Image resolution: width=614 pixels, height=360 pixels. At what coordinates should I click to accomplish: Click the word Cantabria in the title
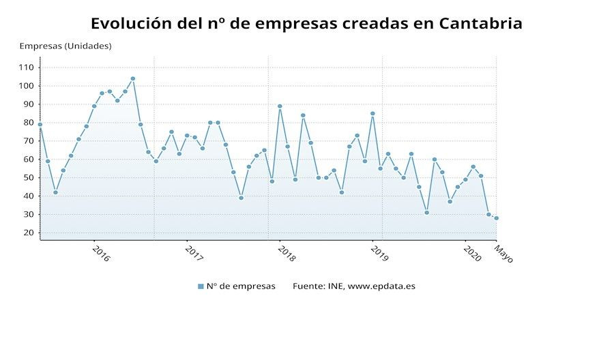(480, 23)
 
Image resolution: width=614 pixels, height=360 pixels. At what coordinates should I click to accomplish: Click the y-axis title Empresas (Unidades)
(65, 46)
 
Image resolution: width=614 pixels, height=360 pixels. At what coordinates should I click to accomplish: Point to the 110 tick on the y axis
(26, 67)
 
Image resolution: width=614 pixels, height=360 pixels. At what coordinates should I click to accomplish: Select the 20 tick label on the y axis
(29, 232)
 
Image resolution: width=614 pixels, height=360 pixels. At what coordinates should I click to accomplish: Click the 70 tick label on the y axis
(29, 141)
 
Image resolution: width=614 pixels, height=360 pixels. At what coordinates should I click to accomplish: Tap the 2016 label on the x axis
(101, 254)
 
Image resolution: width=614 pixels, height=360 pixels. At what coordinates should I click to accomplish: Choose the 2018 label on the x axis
(287, 254)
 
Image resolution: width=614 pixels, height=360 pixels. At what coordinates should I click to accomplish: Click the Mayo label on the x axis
(503, 254)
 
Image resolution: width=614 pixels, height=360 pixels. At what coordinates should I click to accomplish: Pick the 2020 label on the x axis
(472, 254)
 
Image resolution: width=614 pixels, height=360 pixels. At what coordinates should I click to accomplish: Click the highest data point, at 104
(133, 78)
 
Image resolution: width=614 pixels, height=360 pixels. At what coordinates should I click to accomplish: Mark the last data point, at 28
(497, 218)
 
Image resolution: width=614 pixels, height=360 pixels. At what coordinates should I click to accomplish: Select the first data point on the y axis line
(40, 125)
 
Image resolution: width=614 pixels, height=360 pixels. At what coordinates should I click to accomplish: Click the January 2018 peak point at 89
(280, 106)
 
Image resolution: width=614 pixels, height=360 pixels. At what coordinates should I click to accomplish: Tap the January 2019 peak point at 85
(372, 113)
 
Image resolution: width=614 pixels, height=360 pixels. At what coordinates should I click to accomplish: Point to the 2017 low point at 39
(242, 198)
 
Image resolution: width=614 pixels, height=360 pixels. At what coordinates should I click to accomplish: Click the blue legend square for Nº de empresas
(201, 286)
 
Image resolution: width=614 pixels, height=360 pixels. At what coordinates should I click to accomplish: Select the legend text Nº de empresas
(241, 286)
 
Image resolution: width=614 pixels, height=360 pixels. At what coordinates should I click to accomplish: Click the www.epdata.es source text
(381, 286)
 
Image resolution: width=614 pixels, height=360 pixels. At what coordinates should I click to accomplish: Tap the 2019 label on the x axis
(379, 254)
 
